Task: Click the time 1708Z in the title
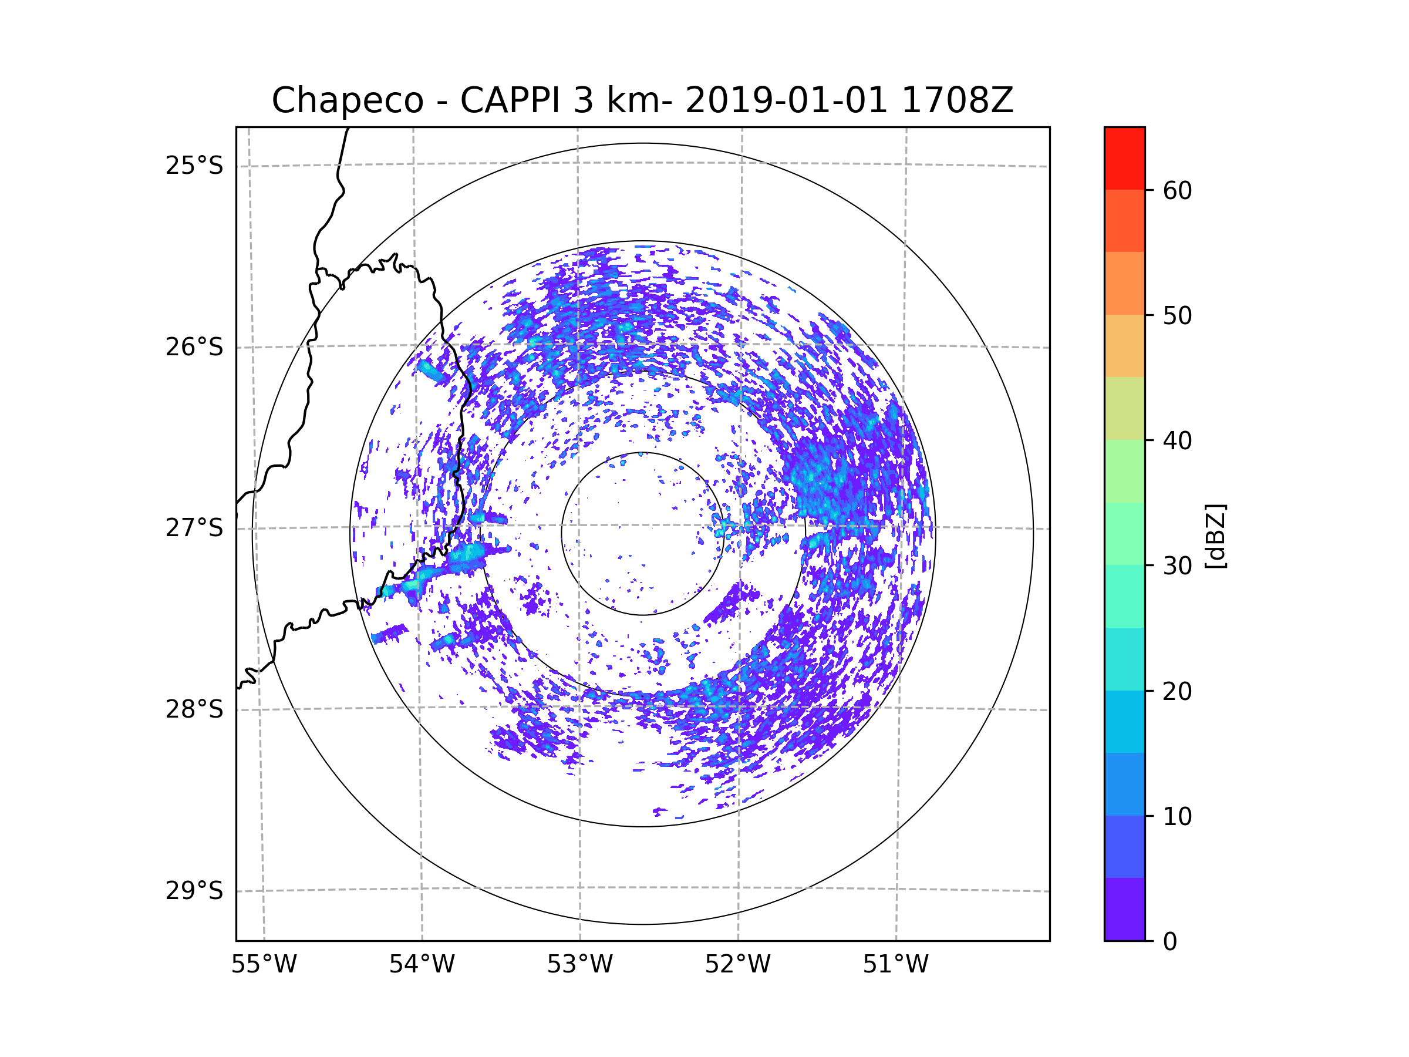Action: click(x=958, y=100)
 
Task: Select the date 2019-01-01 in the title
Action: click(x=787, y=100)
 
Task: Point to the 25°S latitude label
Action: click(x=194, y=166)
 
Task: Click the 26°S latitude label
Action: click(x=194, y=347)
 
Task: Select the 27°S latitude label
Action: click(x=194, y=528)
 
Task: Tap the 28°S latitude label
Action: click(x=194, y=709)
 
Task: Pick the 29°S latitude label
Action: click(x=194, y=891)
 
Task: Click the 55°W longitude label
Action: click(x=264, y=965)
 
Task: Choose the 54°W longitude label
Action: click(x=422, y=965)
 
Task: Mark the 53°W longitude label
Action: click(x=579, y=965)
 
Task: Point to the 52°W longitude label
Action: click(x=737, y=965)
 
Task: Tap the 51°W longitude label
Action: click(x=895, y=965)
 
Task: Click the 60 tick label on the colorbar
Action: click(x=1177, y=190)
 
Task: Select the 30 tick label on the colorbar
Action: click(x=1177, y=565)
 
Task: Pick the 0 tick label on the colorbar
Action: click(x=1170, y=942)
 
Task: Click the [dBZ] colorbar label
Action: click(x=1215, y=536)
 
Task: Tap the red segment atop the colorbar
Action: click(x=1124, y=159)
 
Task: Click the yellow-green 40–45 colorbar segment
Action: click(x=1124, y=408)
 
